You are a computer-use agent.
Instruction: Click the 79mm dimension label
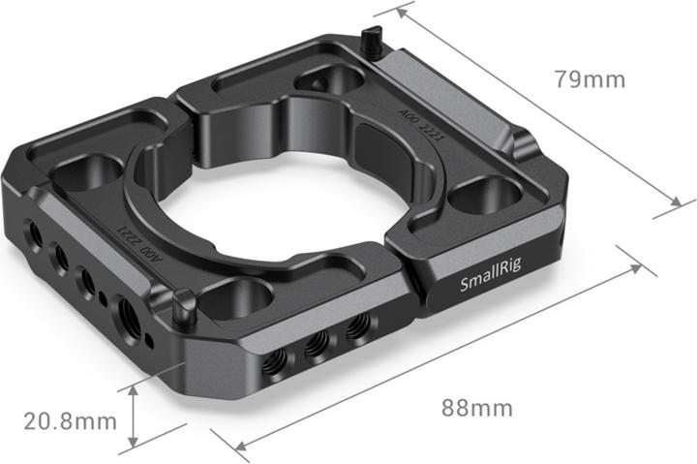pyautogui.click(x=590, y=79)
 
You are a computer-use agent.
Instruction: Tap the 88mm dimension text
pyautogui.click(x=477, y=408)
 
